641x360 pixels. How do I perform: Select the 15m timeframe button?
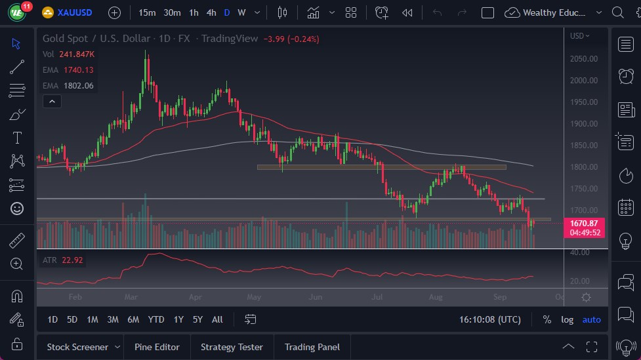(x=147, y=12)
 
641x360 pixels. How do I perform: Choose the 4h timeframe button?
(x=211, y=12)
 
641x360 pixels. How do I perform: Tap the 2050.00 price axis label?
(x=583, y=58)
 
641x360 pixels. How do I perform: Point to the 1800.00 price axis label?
(x=583, y=167)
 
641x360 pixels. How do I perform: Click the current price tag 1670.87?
(x=583, y=224)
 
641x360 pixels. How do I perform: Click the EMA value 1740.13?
(x=79, y=70)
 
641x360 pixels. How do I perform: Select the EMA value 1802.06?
(x=79, y=85)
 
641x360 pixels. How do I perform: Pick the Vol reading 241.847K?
(x=76, y=54)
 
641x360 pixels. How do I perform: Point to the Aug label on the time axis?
(x=435, y=297)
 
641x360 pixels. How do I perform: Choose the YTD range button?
(x=156, y=319)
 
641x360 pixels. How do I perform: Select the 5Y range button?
(x=197, y=319)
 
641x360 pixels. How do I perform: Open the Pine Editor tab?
(x=157, y=347)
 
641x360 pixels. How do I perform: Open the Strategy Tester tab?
(x=232, y=347)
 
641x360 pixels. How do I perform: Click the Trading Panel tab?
(x=312, y=347)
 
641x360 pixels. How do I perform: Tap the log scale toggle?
(x=567, y=319)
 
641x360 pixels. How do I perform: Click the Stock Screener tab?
(x=77, y=347)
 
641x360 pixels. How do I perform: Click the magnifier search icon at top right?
(x=617, y=12)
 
